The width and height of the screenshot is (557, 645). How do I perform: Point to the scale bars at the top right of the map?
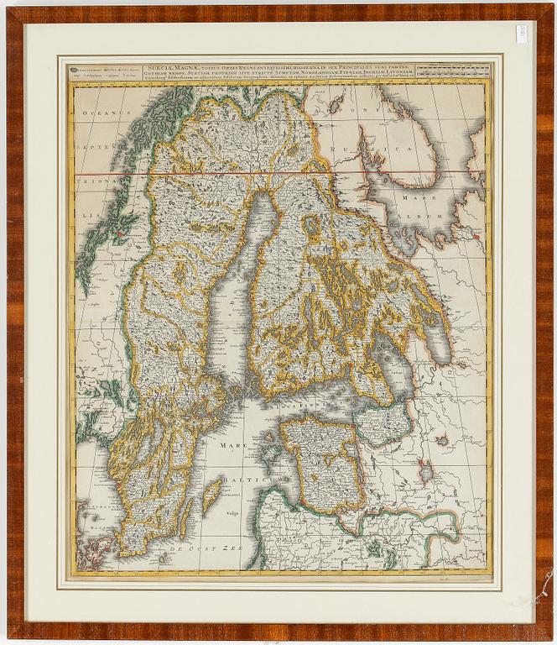pyautogui.click(x=453, y=70)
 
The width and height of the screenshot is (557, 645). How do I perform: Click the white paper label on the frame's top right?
pyautogui.click(x=521, y=34)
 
